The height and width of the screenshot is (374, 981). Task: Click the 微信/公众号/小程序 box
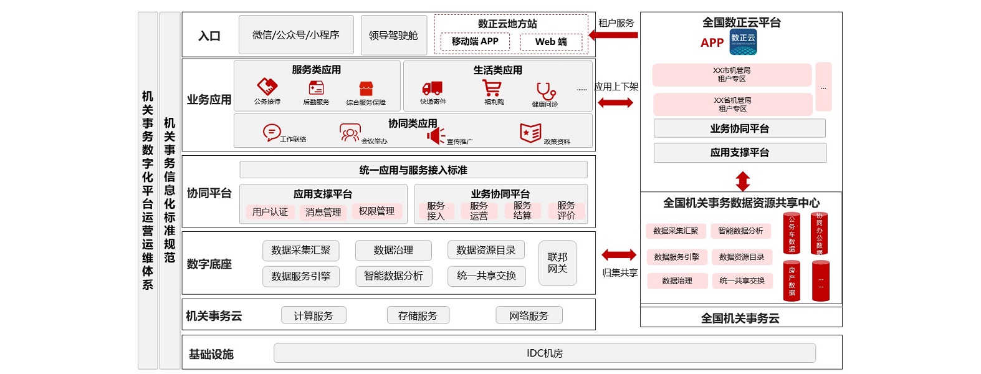(x=296, y=35)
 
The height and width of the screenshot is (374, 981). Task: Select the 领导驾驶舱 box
(x=393, y=36)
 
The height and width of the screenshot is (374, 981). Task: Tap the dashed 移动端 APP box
(x=475, y=42)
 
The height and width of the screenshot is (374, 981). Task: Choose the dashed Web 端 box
(x=551, y=42)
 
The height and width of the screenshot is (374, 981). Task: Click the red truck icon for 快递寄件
(x=432, y=89)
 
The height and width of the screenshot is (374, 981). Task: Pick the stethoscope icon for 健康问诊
(x=545, y=91)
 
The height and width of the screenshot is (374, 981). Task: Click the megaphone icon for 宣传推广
(x=436, y=135)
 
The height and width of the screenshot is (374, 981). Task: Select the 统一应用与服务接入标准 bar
(x=413, y=170)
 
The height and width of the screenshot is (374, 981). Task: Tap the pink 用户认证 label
(x=270, y=212)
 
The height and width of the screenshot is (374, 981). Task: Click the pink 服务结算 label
(x=522, y=211)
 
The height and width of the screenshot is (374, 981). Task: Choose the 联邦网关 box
(x=557, y=263)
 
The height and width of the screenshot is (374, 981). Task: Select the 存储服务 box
(x=418, y=315)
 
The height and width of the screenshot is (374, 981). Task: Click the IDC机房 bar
(x=544, y=353)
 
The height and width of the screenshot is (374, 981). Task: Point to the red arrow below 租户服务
(x=613, y=35)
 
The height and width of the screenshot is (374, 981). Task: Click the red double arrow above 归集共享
(x=619, y=254)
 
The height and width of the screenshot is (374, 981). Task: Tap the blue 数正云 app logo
(x=743, y=42)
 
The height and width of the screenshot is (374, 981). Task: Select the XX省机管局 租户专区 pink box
(x=732, y=104)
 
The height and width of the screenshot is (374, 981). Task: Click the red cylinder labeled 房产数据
(x=792, y=280)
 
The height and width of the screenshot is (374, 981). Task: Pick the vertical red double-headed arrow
(x=742, y=181)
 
